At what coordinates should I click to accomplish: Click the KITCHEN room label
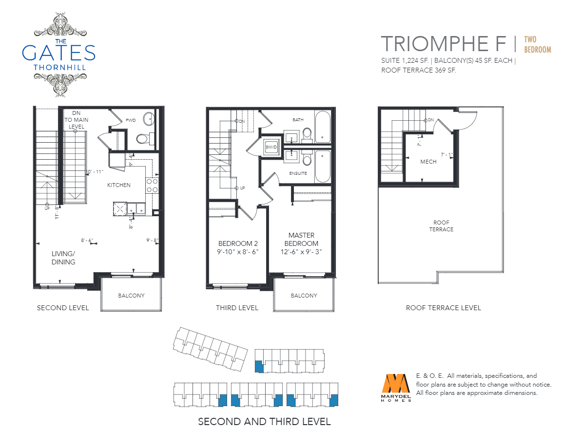click(119, 185)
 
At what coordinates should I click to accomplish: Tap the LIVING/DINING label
click(63, 258)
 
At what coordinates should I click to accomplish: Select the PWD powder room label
click(131, 120)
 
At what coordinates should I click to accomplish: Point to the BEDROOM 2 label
click(238, 243)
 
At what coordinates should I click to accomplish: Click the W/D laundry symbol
click(271, 147)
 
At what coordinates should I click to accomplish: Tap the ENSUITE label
click(298, 173)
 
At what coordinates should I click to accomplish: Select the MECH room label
click(428, 162)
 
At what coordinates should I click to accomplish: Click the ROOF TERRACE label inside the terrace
click(441, 226)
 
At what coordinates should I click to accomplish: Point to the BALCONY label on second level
click(132, 296)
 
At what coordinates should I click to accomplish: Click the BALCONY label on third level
click(304, 296)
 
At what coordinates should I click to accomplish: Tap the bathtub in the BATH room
click(323, 127)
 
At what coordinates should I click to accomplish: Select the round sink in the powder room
click(149, 118)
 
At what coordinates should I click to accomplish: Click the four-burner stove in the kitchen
click(152, 185)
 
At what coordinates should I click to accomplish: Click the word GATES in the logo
click(58, 53)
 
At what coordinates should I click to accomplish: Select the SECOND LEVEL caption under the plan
click(63, 308)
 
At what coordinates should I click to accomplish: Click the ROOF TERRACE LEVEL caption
click(444, 308)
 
